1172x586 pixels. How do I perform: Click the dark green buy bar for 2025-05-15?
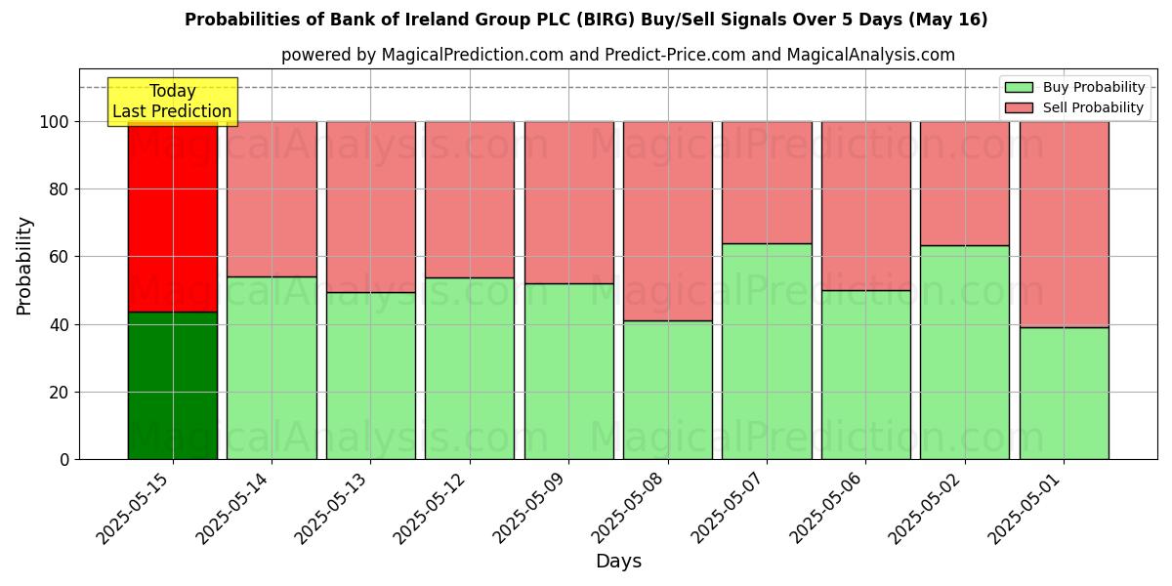(x=173, y=386)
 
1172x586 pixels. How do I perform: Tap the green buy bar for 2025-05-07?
(x=767, y=352)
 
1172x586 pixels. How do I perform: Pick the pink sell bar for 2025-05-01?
(x=1064, y=225)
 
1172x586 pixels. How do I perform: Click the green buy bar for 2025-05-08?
(x=668, y=390)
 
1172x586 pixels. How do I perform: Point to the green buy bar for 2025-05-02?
(x=965, y=353)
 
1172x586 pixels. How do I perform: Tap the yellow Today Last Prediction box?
(x=172, y=102)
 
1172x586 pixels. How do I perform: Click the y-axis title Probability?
(x=24, y=266)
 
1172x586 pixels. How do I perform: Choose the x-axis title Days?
(x=618, y=562)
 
